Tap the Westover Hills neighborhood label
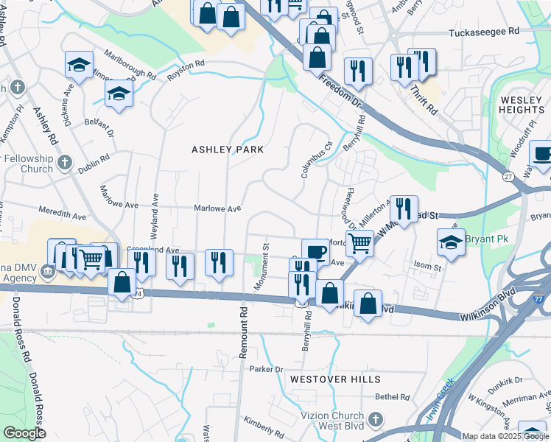pyautogui.click(x=335, y=379)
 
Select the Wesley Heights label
pyautogui.click(x=522, y=105)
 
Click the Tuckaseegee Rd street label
pyautogui.click(x=484, y=32)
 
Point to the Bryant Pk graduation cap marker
pyautogui.click(x=451, y=242)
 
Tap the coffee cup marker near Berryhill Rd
pyautogui.click(x=315, y=251)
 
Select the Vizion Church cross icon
pyautogui.click(x=376, y=420)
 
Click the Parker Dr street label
pyautogui.click(x=266, y=369)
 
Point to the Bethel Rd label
pyautogui.click(x=392, y=396)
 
